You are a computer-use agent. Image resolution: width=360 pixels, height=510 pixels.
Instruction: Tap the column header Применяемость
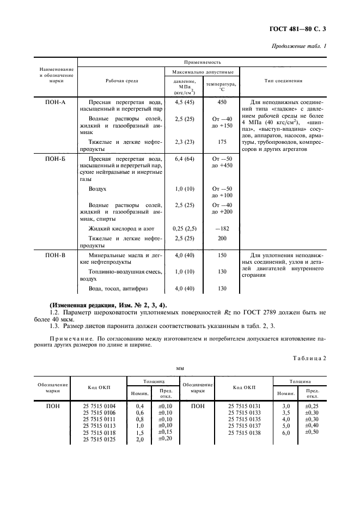[x=202, y=63]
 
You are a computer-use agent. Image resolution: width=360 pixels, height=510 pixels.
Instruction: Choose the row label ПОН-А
[x=55, y=102]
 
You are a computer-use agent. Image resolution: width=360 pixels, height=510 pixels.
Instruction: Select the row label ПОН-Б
[x=55, y=159]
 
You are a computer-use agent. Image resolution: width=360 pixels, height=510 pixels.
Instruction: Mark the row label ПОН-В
[x=55, y=255]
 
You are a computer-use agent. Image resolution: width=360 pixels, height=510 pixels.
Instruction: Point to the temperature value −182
[x=221, y=229]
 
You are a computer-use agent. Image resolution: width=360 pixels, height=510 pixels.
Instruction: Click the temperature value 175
[x=221, y=142]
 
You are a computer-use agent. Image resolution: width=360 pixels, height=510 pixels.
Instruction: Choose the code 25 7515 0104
[x=99, y=406]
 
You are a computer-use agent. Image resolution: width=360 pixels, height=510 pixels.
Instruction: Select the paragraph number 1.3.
[x=54, y=325]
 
